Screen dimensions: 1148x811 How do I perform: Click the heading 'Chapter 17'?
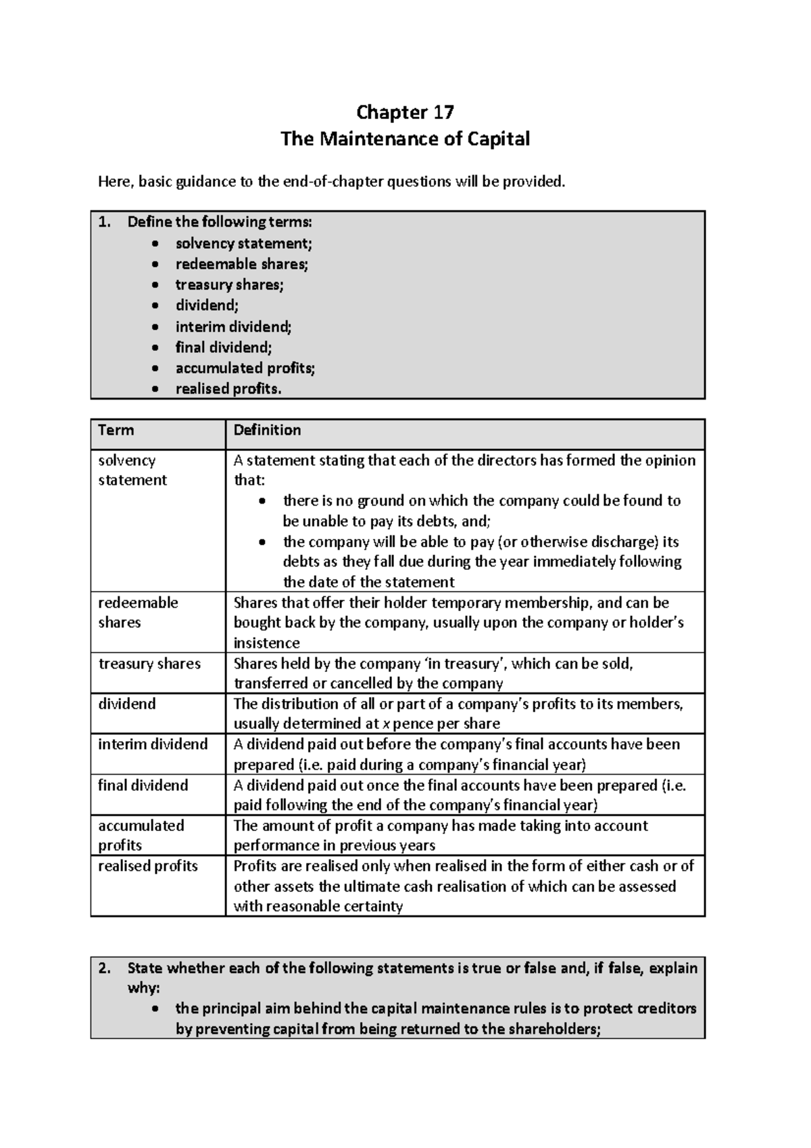click(405, 112)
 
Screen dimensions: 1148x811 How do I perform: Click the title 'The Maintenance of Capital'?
click(405, 139)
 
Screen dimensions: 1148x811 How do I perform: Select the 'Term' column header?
click(116, 431)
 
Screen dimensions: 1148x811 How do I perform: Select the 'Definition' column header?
click(267, 431)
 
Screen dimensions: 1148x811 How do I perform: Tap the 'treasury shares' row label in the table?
click(149, 664)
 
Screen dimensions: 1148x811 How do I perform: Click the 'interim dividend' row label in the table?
click(153, 744)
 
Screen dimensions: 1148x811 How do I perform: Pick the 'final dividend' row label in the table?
click(143, 786)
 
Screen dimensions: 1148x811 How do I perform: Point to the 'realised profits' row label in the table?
click(148, 866)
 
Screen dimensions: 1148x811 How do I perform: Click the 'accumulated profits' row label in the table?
click(141, 836)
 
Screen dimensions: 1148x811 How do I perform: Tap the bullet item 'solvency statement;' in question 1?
click(244, 243)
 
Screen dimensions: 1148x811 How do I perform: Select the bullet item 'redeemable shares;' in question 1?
click(242, 264)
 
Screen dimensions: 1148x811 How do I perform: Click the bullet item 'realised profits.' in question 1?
click(228, 389)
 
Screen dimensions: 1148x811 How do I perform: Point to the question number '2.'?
click(104, 968)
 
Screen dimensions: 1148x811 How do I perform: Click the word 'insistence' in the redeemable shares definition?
click(266, 643)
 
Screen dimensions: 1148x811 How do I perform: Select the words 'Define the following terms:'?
click(220, 222)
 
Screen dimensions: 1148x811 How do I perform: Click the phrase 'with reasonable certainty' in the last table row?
click(318, 907)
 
